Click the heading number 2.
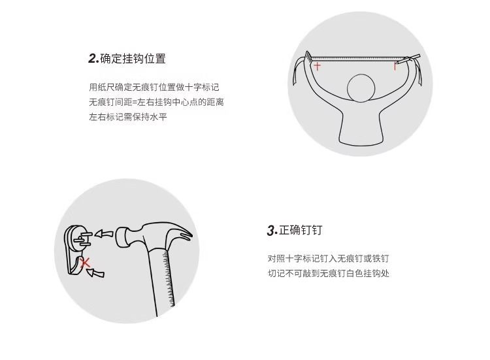pos(93,59)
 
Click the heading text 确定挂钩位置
pos(133,59)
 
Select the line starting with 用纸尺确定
pos(154,87)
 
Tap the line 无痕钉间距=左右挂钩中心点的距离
pos(157,102)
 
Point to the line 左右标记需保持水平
pos(128,117)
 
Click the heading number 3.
pos(272,231)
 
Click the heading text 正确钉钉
pos(301,231)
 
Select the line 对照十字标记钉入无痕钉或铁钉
pos(329,259)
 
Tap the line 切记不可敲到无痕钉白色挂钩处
pos(329,274)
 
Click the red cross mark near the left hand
pos(317,66)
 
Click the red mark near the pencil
pos(396,66)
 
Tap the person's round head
pos(361,88)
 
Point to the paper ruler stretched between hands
pos(356,58)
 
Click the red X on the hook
pos(85,263)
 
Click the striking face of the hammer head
pos(119,238)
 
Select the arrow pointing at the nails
pos(104,234)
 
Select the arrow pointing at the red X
pos(95,273)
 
